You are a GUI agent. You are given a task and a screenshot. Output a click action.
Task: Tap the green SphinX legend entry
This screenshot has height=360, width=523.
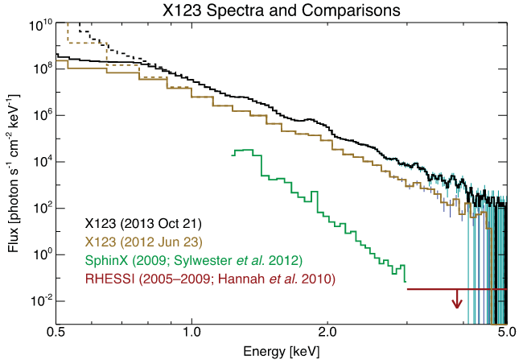pyautogui.click(x=192, y=260)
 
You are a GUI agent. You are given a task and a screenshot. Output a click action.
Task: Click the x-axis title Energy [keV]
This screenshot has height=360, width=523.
pyautogui.click(x=280, y=352)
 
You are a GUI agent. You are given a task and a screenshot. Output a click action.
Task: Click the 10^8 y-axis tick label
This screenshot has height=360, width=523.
pyautogui.click(x=40, y=68)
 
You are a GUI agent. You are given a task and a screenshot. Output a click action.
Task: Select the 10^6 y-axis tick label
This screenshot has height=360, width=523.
pyautogui.click(x=40, y=115)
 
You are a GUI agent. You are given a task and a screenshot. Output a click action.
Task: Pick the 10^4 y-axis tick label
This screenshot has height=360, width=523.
pyautogui.click(x=40, y=161)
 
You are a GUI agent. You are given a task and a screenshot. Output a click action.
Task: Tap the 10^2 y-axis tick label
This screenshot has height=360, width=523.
pyautogui.click(x=40, y=208)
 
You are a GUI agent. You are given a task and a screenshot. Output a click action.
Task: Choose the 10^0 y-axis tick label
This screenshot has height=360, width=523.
pyautogui.click(x=40, y=254)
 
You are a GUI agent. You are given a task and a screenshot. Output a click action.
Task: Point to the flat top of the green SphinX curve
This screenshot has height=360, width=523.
pyautogui.click(x=244, y=151)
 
